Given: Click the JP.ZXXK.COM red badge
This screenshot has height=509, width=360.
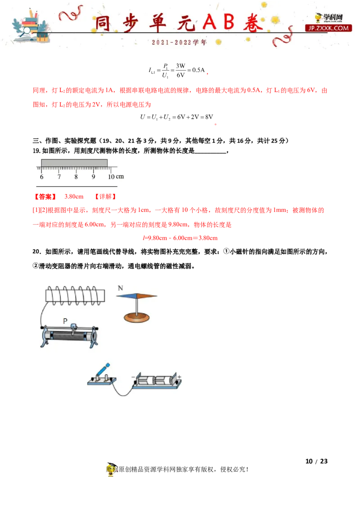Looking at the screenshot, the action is pos(328,28).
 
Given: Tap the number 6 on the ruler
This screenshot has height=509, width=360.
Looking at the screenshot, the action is pos(41,177).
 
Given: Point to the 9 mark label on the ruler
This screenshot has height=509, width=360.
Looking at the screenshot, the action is pos(93,177).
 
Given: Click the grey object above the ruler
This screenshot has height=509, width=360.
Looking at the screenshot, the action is pos(74,163).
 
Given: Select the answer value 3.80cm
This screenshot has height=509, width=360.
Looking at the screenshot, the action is pos(74,196).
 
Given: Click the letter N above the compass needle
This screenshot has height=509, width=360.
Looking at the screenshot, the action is pos(121,288).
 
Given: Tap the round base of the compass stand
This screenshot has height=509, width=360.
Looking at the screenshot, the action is pos(137,317).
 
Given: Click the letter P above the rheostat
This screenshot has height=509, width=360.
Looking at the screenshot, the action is pos(65,321).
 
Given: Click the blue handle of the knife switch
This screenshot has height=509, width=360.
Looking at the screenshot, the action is pos(104,370).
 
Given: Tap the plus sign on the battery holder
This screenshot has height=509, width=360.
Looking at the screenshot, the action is pos(179,377).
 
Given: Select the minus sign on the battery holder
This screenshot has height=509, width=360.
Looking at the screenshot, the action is pos(133,377).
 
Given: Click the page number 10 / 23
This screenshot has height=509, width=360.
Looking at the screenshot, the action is pos(316,461).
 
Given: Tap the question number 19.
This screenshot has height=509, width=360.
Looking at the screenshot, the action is pos(36,151).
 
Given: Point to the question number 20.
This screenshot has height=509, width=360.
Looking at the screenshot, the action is pos(37,252).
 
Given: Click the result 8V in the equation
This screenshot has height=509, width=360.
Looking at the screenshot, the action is pos(209,117).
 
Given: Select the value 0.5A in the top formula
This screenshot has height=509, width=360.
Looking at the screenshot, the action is pos(198,70).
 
